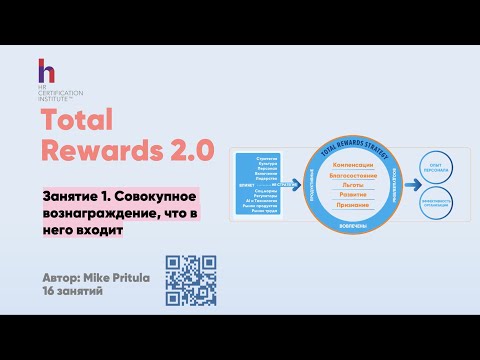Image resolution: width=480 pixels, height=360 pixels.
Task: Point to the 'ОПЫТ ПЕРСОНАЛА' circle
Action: point(437,165)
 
